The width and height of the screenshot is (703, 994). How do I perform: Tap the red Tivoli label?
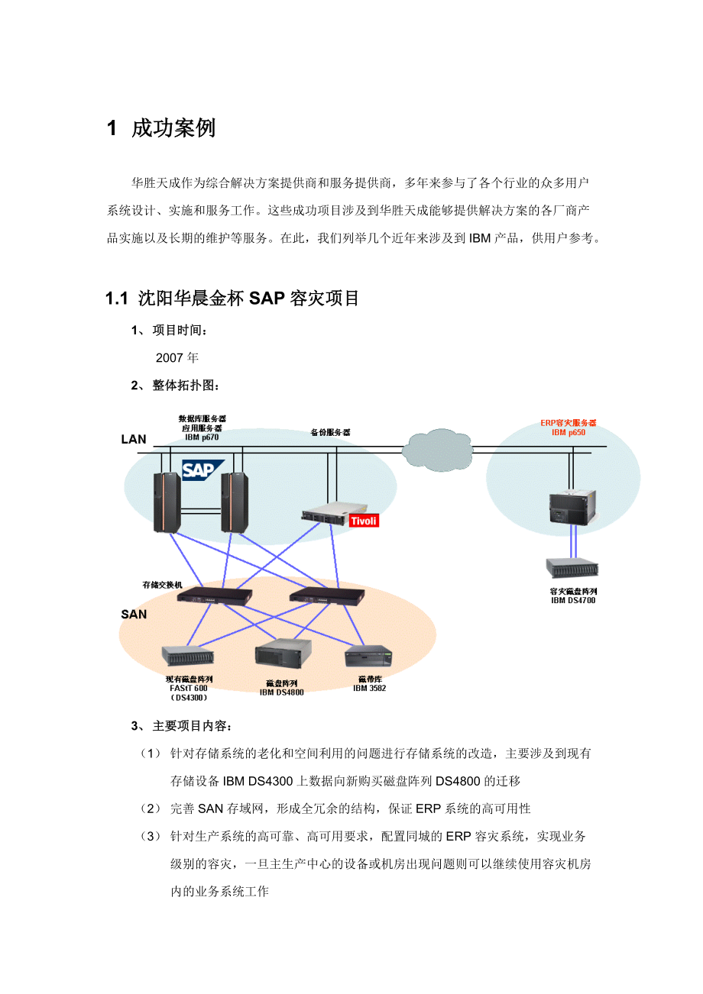click(x=364, y=521)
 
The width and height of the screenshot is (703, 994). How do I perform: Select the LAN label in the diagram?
click(x=134, y=440)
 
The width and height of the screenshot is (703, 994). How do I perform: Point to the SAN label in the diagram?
click(x=134, y=614)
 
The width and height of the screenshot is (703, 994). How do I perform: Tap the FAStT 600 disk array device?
click(x=188, y=656)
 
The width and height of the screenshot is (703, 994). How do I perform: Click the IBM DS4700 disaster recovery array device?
click(x=572, y=568)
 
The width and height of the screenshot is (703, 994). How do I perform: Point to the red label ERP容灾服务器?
click(x=569, y=422)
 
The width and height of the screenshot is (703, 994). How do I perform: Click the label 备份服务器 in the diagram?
click(x=331, y=432)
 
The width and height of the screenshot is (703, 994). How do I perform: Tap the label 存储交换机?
click(x=163, y=585)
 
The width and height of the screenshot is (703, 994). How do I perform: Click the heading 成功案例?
click(x=173, y=128)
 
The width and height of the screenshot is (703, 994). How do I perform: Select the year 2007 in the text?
click(x=170, y=357)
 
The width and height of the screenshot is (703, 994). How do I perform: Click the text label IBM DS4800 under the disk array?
click(x=281, y=692)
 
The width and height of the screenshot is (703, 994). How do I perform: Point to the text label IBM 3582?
click(x=369, y=688)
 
